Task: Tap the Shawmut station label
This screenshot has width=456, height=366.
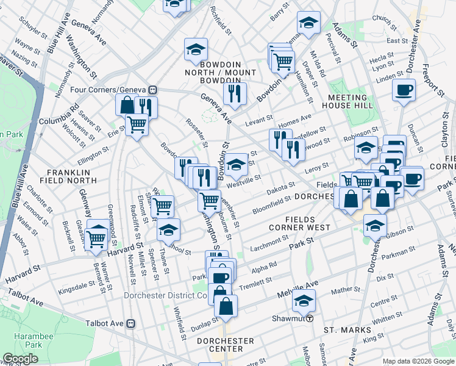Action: click(289, 318)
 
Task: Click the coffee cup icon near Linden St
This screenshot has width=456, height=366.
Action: click(404, 91)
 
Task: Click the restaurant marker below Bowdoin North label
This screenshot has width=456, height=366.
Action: click(233, 93)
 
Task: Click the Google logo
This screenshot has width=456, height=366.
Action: click(20, 359)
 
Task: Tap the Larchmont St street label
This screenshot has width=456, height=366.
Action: click(268, 242)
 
